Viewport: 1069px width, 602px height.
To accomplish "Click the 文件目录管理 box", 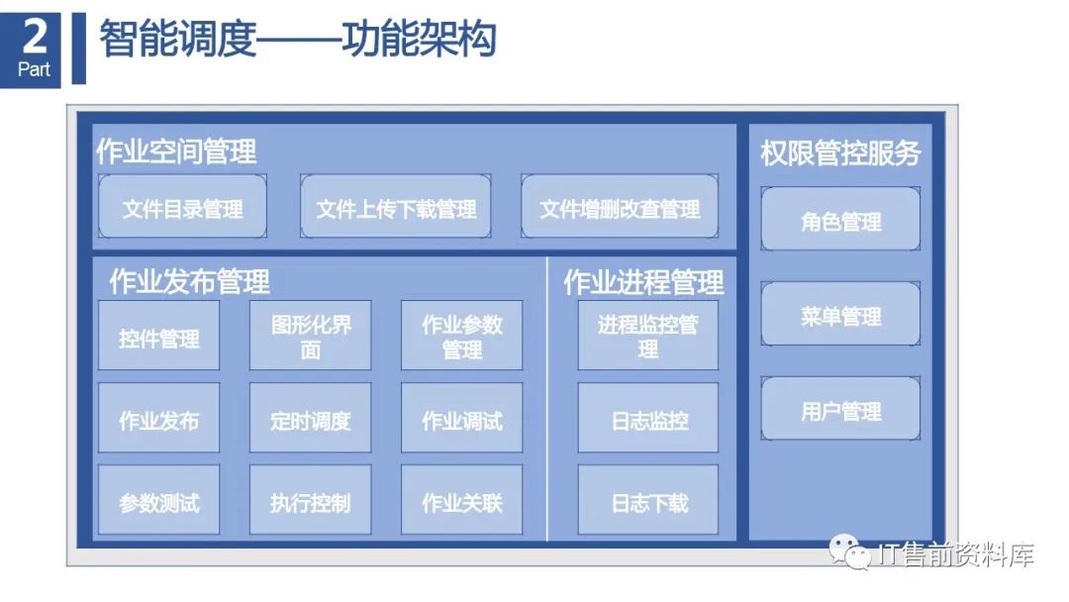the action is pos(182,207).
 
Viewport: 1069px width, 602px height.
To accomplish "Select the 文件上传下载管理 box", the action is pos(396,207).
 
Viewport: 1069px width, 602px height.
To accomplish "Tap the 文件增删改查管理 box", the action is pos(620,207).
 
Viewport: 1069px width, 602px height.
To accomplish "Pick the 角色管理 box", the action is pos(840,220).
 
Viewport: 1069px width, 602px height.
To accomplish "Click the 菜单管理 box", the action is pos(840,315).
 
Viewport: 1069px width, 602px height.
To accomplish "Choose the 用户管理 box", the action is pos(840,409).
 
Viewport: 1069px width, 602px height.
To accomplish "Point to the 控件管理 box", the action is pos(158,337).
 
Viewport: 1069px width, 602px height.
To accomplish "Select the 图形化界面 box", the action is pos(311,337).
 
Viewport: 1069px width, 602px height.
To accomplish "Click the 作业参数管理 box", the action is pos(461,337).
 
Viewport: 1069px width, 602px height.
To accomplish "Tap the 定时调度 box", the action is pos(311,419).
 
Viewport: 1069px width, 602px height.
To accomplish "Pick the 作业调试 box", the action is pos(461,419).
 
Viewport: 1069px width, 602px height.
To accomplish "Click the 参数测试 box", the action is pos(158,502).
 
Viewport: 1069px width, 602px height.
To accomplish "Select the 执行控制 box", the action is pos(311,502).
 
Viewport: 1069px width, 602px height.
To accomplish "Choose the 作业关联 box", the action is pos(461,502).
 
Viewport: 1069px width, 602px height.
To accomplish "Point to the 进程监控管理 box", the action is pos(648,337).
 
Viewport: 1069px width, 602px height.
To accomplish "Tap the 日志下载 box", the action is pos(648,502).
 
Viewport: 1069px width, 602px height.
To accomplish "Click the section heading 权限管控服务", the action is pos(840,152).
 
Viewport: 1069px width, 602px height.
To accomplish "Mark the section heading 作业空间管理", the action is pos(176,151).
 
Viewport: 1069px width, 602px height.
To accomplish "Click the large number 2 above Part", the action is pos(35,38).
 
